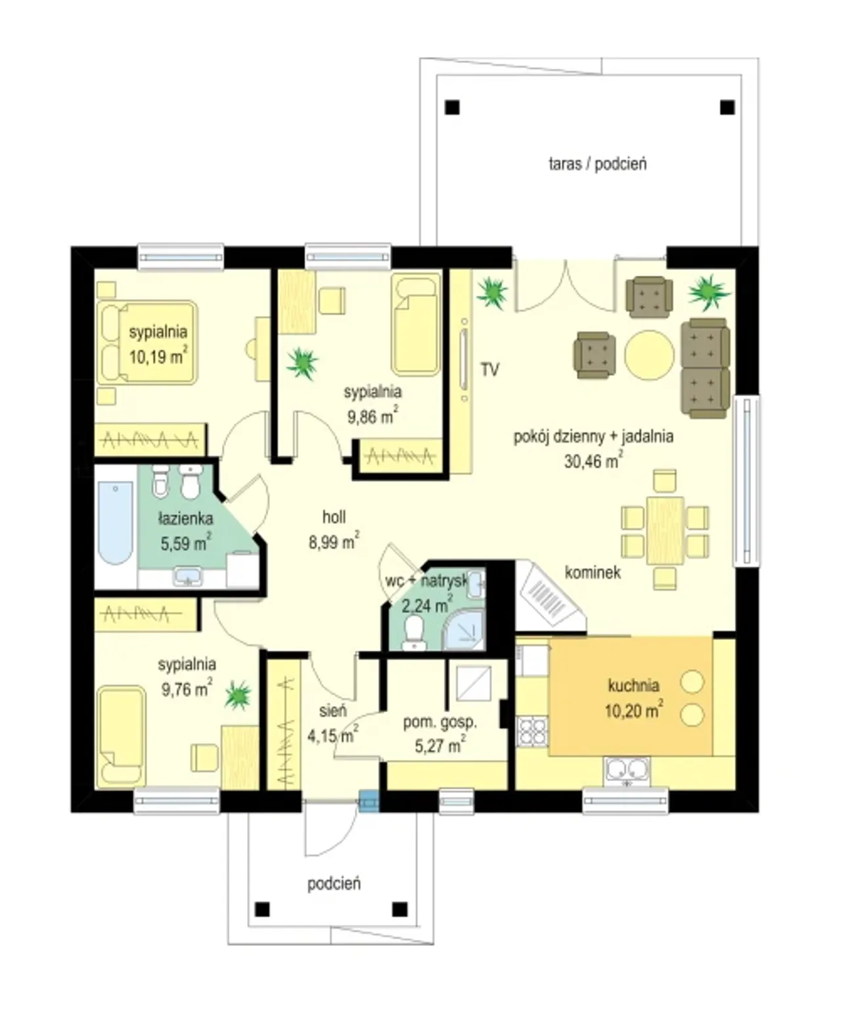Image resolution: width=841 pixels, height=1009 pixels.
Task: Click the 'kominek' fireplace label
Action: coord(593,573)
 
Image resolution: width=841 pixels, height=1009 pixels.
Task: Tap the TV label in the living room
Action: coord(489,370)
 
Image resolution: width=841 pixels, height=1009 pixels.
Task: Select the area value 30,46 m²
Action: coord(593,460)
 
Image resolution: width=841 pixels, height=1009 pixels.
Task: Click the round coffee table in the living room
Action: coord(648,355)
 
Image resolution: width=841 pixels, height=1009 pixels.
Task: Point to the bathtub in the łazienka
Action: coord(116,522)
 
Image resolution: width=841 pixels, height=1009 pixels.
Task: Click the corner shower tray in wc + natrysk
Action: coord(464,629)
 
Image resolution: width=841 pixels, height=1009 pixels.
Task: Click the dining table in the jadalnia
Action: coord(665,530)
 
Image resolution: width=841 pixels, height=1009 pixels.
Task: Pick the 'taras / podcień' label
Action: coord(597,164)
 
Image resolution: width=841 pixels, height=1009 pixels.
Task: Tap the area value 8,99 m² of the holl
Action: coord(334,541)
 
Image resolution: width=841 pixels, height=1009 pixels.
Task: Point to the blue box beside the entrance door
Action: coord(369,801)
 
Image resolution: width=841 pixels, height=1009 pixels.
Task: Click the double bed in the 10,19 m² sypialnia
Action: coord(147,343)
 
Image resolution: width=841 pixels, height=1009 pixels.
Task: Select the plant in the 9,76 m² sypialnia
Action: coord(238,696)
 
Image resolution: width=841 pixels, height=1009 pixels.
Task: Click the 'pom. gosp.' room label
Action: coord(440,723)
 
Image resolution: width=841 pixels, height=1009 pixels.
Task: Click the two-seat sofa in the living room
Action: coord(705,368)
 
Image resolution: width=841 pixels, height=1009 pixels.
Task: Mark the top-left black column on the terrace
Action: coord(453,107)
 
